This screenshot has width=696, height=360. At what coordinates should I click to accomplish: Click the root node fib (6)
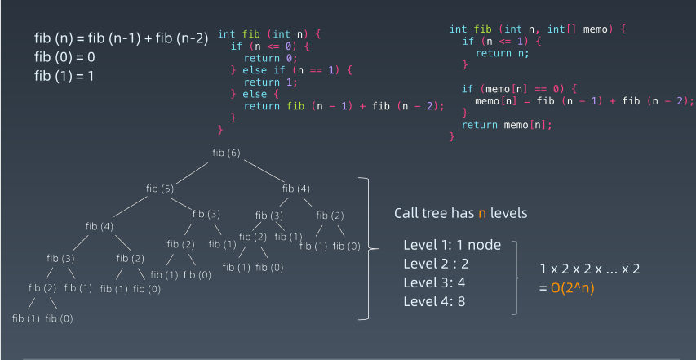pyautogui.click(x=226, y=153)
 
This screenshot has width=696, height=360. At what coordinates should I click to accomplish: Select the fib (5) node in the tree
pyautogui.click(x=160, y=189)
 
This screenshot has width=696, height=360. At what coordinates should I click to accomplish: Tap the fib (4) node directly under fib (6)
pyautogui.click(x=297, y=189)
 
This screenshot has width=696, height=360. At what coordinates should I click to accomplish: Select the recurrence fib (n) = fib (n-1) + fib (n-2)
pyautogui.click(x=122, y=38)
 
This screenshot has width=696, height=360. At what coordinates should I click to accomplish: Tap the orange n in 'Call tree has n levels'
pyautogui.click(x=482, y=213)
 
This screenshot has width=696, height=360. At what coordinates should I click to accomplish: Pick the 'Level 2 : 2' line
pyautogui.click(x=436, y=264)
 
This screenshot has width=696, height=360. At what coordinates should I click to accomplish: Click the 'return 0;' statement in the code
pyautogui.click(x=270, y=59)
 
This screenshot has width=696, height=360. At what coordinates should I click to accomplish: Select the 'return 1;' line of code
pyautogui.click(x=270, y=82)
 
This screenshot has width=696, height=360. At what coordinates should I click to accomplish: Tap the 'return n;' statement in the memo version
pyautogui.click(x=502, y=52)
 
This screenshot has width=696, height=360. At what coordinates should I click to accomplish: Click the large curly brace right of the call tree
pyautogui.click(x=369, y=248)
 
